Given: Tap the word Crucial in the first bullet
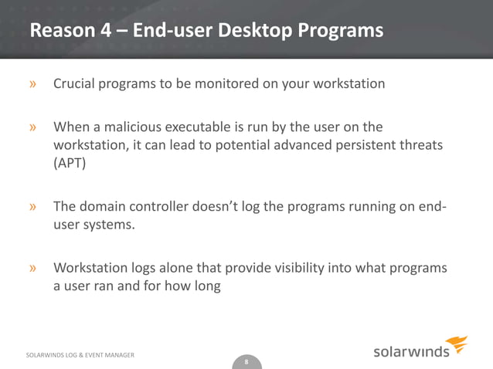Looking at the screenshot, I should tap(76, 83).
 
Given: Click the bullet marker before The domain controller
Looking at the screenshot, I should tap(33, 208).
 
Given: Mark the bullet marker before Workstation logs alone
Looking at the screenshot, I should tap(33, 269).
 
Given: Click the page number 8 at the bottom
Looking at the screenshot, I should tap(246, 361).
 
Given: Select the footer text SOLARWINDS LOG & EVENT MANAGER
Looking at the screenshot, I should tap(80, 354).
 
